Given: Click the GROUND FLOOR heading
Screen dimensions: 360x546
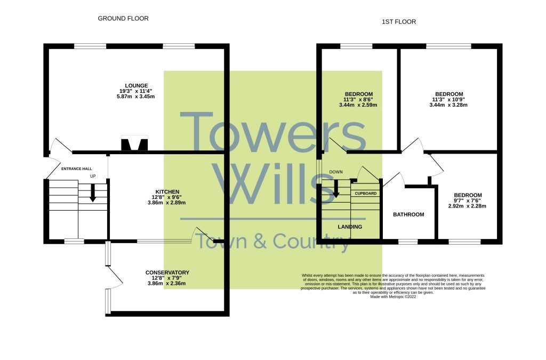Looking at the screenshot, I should pos(123,19).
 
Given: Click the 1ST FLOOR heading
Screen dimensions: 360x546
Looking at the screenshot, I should pos(399,22).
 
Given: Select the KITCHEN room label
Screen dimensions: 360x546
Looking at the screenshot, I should pos(167,191).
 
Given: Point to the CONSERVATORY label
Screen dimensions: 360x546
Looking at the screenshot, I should pos(167,273).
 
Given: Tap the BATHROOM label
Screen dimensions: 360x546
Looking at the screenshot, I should pos(408,214).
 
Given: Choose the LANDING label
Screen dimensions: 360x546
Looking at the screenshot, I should pos(350,227).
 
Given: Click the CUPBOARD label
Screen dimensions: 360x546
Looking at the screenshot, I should pos(366,193).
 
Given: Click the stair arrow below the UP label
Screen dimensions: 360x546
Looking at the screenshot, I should pos(93,193).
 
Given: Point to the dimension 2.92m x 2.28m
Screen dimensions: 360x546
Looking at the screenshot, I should pos(467,206).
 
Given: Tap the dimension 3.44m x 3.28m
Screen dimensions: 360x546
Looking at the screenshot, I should pos(448,105).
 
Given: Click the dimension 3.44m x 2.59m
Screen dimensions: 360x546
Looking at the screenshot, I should pos(358,105).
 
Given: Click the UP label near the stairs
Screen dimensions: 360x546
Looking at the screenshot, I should pos(93,177).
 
